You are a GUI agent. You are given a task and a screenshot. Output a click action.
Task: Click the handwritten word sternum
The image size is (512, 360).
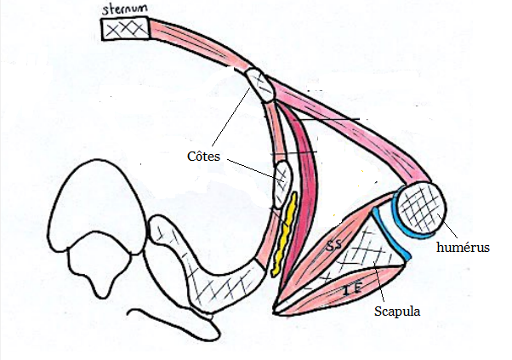122,9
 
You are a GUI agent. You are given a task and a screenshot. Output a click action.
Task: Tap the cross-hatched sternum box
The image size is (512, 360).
125,28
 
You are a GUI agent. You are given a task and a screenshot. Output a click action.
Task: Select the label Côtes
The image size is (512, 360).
204,157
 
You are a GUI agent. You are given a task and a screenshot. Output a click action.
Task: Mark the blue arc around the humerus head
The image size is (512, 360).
396,223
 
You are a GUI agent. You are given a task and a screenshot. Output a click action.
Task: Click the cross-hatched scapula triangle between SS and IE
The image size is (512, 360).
370,255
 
